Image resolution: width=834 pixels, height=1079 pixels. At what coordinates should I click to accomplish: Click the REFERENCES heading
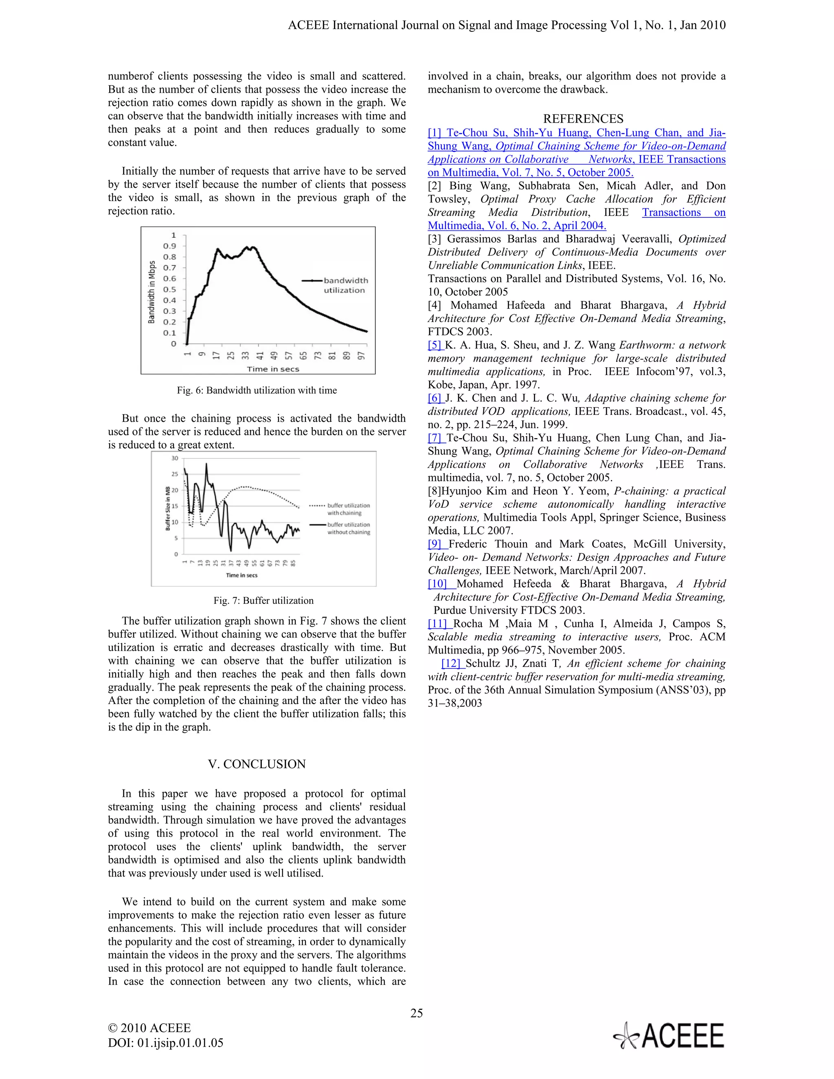point(583,119)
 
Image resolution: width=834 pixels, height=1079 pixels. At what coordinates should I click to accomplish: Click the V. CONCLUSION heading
point(257,764)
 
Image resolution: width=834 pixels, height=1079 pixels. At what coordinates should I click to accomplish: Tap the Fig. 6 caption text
point(257,390)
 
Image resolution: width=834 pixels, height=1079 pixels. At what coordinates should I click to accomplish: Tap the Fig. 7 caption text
point(263,600)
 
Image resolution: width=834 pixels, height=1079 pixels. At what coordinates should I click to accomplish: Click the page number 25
point(417,1013)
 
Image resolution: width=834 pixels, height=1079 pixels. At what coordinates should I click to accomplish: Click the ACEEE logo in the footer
point(669,1035)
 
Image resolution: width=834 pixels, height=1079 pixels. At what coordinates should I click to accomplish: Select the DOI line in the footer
point(165,1043)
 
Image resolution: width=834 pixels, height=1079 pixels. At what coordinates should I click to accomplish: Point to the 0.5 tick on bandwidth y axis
point(169,289)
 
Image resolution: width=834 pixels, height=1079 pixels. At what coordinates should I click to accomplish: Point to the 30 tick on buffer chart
point(174,458)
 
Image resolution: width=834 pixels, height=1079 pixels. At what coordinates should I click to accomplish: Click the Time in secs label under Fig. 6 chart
point(273,369)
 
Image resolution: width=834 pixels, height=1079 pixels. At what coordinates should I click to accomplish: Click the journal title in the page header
point(507,25)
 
